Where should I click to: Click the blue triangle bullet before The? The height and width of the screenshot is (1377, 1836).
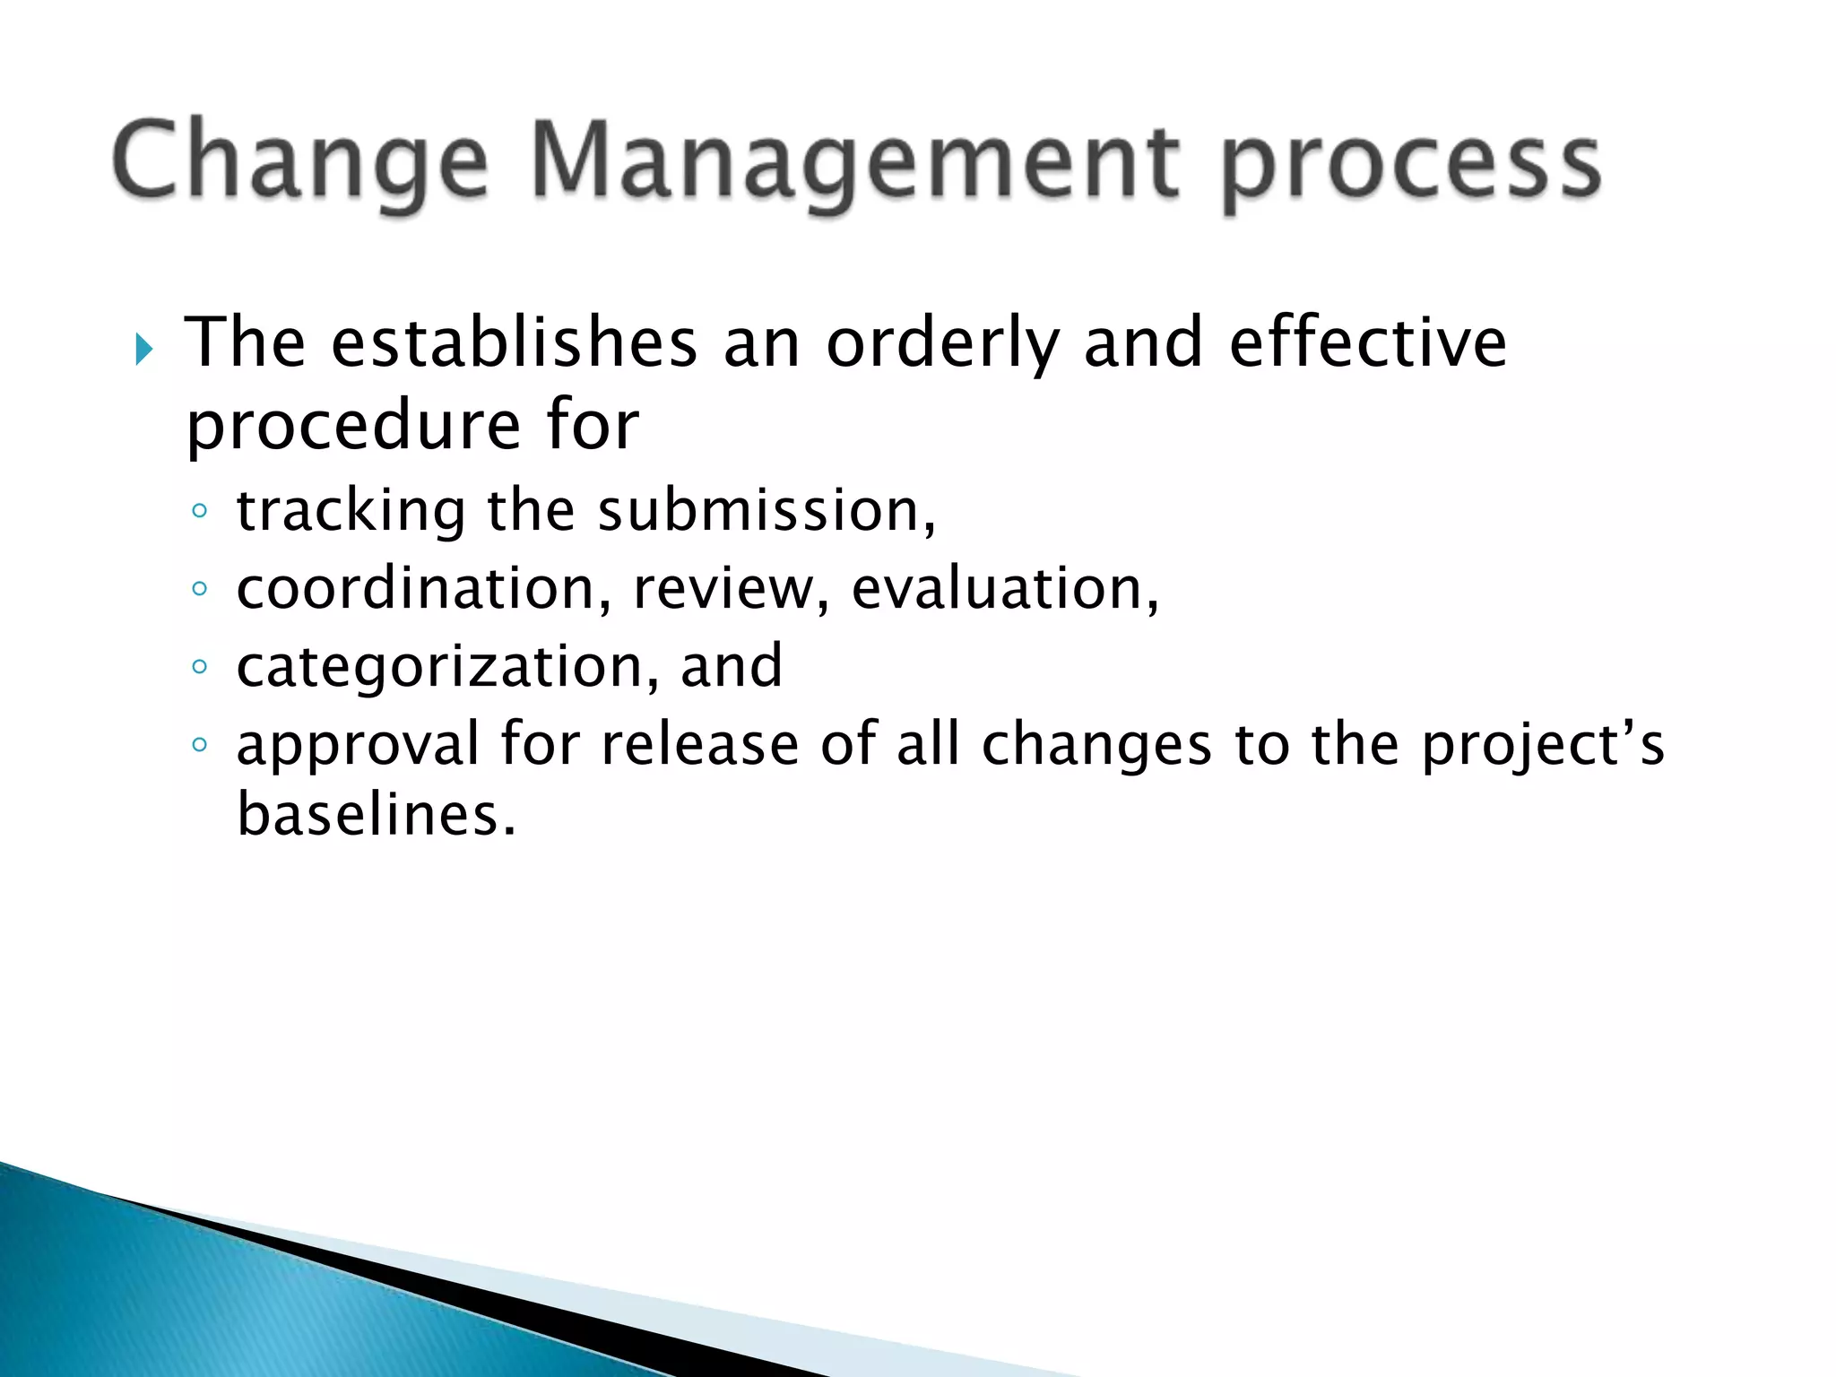143,348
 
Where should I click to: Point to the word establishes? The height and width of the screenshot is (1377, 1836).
514,343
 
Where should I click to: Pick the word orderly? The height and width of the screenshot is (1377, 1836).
942,345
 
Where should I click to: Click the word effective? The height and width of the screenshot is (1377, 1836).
1368,343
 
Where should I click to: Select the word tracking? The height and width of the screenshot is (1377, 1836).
351,512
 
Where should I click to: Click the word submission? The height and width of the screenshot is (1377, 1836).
766,512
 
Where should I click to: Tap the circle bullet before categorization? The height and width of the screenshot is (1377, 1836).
200,667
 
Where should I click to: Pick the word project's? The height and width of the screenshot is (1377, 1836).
1543,746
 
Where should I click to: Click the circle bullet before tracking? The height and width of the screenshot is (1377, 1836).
200,511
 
